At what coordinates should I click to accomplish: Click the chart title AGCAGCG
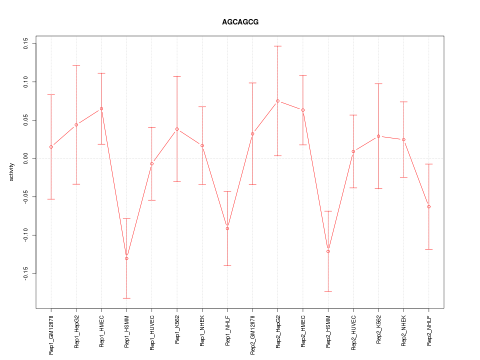240,22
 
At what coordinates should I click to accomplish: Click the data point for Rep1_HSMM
126,258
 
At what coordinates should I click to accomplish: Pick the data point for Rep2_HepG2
277,101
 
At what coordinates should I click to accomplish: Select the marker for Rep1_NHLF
227,228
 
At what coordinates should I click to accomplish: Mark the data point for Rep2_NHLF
428,206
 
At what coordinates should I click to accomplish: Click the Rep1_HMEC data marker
101,108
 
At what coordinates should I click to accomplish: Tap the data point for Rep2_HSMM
328,251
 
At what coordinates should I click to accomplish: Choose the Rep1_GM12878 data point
51,146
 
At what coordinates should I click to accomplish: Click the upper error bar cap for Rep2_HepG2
277,46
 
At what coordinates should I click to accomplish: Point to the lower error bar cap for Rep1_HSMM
126,298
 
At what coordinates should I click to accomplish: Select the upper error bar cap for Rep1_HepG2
76,65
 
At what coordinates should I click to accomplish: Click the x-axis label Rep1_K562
177,331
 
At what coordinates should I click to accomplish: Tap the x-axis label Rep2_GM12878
252,334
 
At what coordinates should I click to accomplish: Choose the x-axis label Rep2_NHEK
403,331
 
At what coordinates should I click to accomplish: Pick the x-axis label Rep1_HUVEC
152,333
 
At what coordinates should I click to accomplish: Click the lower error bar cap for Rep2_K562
378,188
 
